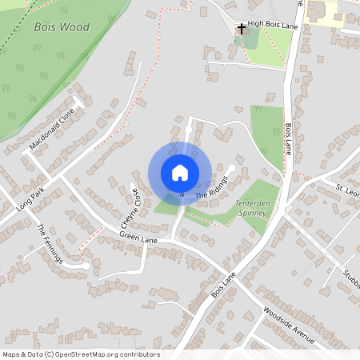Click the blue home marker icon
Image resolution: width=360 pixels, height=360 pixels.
click(180, 173)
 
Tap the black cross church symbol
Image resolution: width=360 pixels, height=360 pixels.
click(241, 26)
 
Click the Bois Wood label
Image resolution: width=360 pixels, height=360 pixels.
click(62, 27)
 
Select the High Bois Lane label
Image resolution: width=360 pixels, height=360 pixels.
click(271, 25)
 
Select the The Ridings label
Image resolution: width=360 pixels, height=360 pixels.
click(212, 188)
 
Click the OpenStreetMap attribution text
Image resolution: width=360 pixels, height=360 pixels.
click(81, 354)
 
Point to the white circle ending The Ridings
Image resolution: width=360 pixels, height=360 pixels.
click(232, 167)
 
